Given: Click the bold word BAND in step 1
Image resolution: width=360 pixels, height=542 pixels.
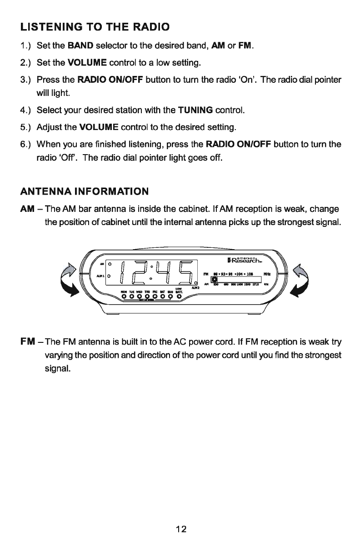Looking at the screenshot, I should point(80,46).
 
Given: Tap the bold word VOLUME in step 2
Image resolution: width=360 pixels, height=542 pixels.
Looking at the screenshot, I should point(87,62).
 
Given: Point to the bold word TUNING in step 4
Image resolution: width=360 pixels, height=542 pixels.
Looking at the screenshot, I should point(195,110).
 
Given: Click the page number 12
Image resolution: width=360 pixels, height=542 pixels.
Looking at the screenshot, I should point(180,529).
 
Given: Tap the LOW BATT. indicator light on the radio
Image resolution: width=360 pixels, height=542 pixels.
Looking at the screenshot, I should point(179,297).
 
